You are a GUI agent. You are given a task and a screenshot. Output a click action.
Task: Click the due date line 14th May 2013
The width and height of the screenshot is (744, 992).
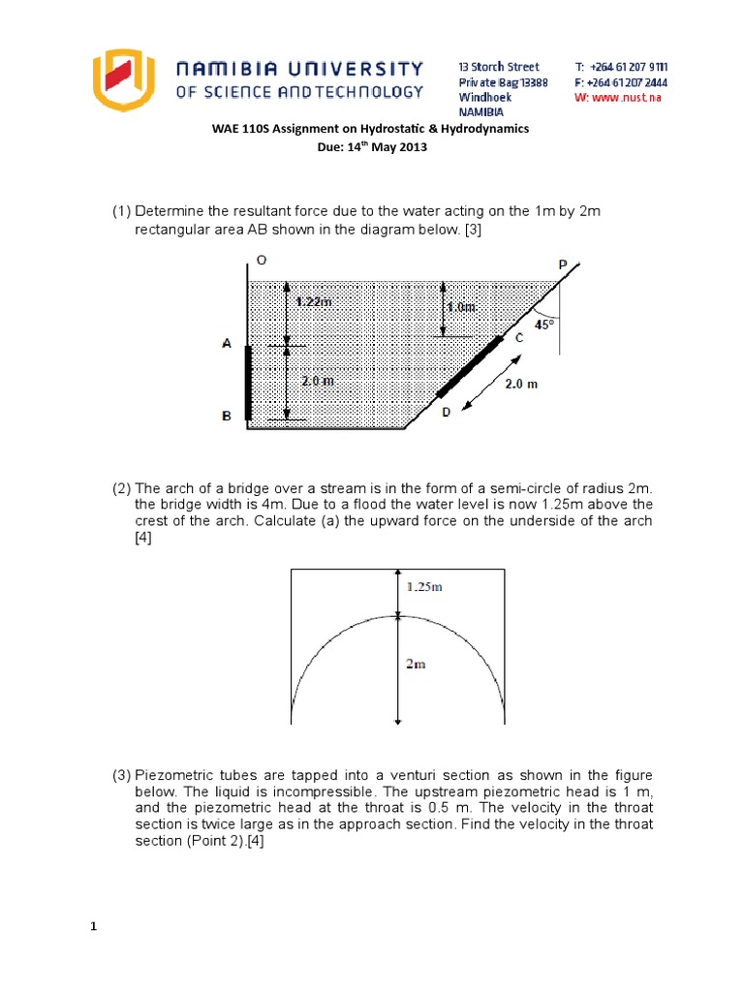coord(371,148)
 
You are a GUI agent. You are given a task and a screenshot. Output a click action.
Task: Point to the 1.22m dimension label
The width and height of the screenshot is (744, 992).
coord(314,301)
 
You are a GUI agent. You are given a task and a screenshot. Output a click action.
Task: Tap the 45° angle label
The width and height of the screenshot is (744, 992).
coord(547,325)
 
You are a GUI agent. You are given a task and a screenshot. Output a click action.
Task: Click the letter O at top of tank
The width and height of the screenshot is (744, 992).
coord(262,260)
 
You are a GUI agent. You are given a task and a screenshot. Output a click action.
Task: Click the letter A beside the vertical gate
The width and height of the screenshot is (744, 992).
coord(226,343)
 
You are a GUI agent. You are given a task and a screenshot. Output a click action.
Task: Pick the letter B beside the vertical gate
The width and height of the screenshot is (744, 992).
coord(226,416)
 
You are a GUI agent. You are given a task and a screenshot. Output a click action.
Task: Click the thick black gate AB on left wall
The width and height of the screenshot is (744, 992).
coord(249,382)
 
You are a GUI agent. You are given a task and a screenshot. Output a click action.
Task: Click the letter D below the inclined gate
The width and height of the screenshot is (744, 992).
coord(446,413)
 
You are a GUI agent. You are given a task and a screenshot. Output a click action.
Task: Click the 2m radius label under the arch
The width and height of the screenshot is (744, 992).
coord(415,664)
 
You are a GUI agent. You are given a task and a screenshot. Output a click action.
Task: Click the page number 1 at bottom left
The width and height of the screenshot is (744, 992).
coord(94,927)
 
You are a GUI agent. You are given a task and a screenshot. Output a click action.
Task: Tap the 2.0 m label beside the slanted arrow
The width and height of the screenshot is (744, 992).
coord(521,384)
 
